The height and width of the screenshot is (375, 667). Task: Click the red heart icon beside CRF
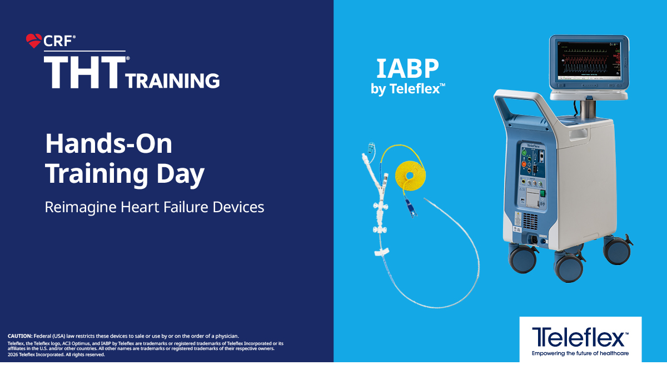(x=34, y=41)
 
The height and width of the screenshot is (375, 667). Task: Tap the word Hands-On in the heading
(x=109, y=144)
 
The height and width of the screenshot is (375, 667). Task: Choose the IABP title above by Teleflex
(x=408, y=68)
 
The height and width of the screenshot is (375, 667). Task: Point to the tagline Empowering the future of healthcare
(x=580, y=353)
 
